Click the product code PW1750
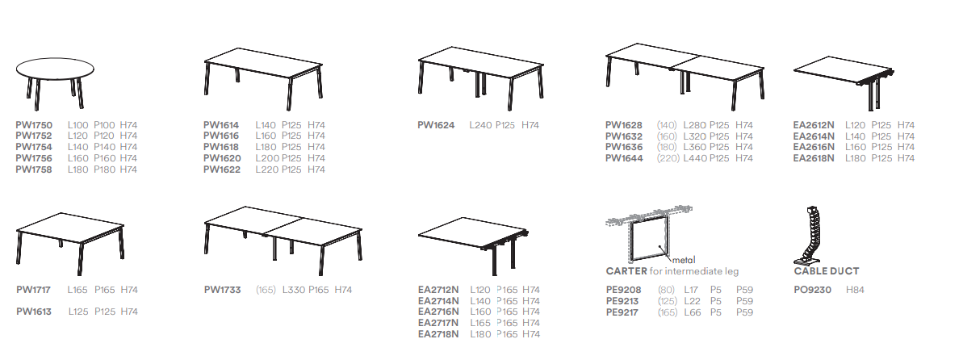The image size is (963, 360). pos(34,125)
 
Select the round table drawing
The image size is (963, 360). pos(55,83)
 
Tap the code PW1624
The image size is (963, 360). pos(436,125)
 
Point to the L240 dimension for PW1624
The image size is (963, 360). pos(481,125)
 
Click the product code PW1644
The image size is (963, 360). pos(624,158)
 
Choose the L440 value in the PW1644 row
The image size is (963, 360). pos(695,158)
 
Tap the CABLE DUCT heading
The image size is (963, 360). pos(826,271)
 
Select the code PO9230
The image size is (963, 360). pos(813,289)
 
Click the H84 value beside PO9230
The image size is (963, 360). pos(855,289)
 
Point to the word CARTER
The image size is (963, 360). pos(626,271)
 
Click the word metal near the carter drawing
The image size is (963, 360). pos(684,261)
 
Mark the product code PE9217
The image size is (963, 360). pos(622,312)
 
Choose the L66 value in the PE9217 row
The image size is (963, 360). pos(693,312)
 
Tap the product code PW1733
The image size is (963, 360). pos(222,289)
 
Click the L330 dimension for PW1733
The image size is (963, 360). pos(294,289)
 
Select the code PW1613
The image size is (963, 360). pos(34,312)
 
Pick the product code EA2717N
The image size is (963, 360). pos(438,323)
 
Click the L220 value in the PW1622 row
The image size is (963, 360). pos(267,169)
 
